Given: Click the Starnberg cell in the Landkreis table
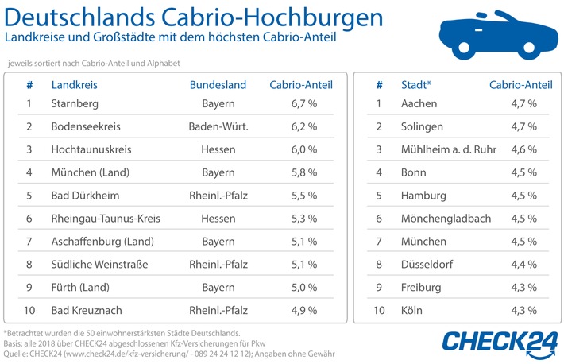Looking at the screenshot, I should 74,104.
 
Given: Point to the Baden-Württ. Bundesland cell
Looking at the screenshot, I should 218,126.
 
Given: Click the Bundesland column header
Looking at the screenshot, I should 218,84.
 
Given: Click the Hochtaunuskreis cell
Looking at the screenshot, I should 90,149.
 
